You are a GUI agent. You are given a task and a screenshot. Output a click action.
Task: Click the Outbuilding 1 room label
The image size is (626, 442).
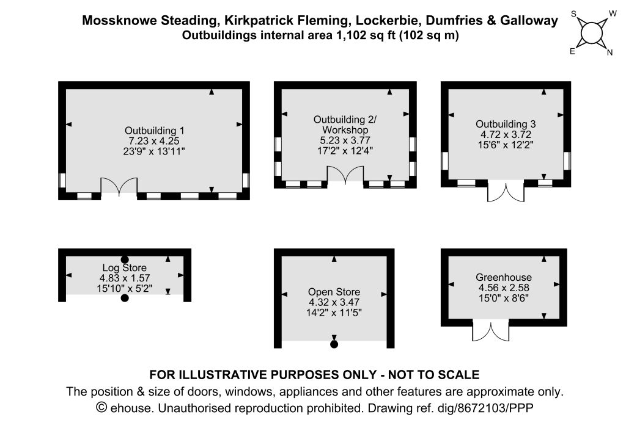point(154,131)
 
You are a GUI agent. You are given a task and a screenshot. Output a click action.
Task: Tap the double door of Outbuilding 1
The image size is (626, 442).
point(119,186)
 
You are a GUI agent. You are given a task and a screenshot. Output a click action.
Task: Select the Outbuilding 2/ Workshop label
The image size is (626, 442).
point(345,125)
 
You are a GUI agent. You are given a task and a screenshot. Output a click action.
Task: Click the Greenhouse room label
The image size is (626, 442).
point(504,277)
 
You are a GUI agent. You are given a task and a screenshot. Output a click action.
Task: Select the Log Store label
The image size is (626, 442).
point(124,268)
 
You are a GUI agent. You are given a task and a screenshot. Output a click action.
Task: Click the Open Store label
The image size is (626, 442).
point(334,292)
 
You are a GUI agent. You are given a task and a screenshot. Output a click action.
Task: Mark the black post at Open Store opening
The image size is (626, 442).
point(334,345)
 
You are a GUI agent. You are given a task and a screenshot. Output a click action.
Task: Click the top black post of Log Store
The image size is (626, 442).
point(125,259)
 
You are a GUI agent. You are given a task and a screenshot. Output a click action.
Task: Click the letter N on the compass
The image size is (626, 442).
point(609,53)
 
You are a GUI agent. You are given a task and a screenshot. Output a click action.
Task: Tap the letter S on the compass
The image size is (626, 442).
point(574,13)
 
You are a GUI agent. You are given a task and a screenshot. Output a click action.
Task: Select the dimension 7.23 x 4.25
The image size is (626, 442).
point(154,141)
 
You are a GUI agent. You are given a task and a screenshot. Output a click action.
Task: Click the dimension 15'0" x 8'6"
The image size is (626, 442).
point(504,298)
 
